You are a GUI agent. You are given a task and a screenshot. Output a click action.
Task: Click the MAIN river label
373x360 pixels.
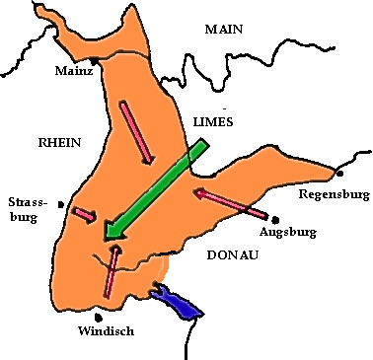(x=223, y=30)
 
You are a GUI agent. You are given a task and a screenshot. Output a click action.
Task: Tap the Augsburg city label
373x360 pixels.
(x=286, y=233)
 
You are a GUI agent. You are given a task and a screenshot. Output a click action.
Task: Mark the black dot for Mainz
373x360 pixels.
(x=94, y=61)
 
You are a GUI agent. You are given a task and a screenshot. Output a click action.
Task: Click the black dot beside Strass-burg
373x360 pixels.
(x=61, y=204)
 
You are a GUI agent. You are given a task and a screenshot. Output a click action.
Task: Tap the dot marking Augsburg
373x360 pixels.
(x=277, y=219)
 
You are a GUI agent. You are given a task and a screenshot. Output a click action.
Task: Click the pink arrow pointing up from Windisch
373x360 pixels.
(x=112, y=271)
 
